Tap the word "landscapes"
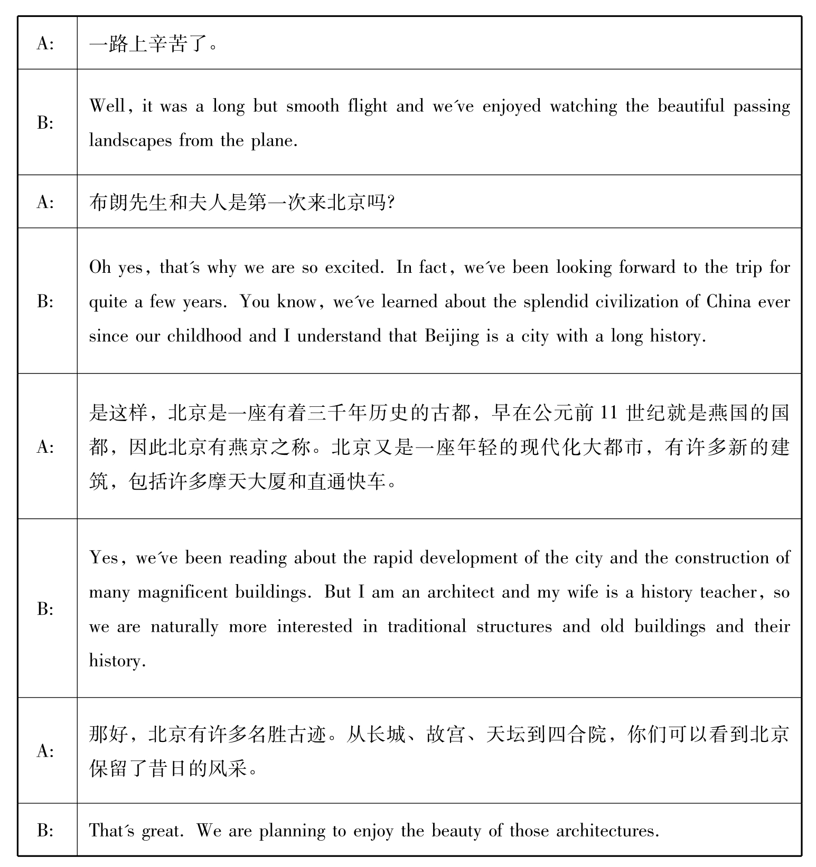point(130,141)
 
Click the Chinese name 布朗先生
point(128,202)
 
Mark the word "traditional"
point(427,627)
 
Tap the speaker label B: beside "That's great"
point(45,831)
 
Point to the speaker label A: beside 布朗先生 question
point(45,202)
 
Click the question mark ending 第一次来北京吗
point(391,203)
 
